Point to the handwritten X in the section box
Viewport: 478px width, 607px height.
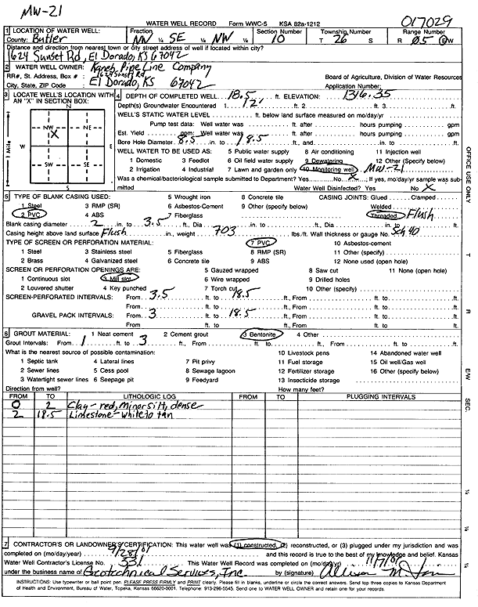[54, 135]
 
